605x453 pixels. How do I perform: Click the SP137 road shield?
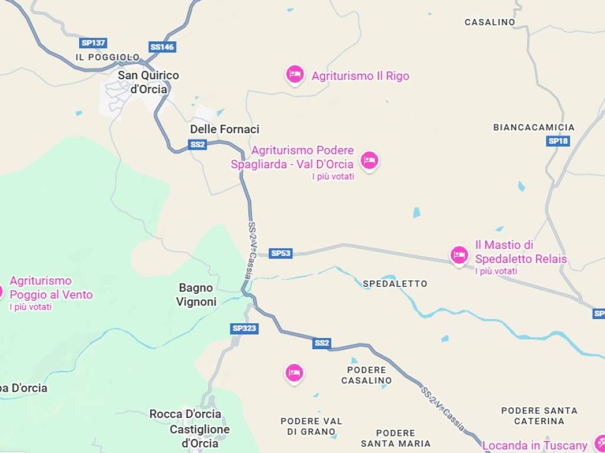tap(93, 43)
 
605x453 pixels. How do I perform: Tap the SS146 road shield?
tap(162, 47)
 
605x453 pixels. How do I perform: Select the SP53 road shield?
tap(281, 254)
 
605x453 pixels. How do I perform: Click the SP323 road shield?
tap(245, 329)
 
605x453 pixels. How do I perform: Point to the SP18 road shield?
tap(558, 141)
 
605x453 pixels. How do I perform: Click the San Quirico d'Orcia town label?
tap(148, 82)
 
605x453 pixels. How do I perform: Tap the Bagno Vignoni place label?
tap(196, 295)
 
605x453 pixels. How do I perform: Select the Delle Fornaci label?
tap(225, 129)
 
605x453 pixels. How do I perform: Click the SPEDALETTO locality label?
tap(395, 284)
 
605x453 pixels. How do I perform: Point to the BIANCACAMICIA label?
tap(534, 127)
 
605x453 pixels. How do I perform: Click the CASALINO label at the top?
tap(490, 22)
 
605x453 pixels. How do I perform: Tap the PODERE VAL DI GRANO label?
tap(311, 426)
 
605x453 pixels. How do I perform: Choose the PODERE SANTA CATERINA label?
tap(539, 416)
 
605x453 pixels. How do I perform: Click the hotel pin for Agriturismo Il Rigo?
tap(295, 74)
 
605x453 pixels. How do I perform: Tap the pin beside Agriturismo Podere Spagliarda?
tap(370, 159)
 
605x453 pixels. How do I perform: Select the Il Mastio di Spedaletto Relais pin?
tap(459, 255)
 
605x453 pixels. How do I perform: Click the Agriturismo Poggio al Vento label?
tap(51, 288)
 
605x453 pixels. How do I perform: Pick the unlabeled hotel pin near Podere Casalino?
tap(294, 372)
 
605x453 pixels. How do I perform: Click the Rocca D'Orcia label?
tap(185, 414)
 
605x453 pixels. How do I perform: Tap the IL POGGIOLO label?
tap(108, 57)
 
